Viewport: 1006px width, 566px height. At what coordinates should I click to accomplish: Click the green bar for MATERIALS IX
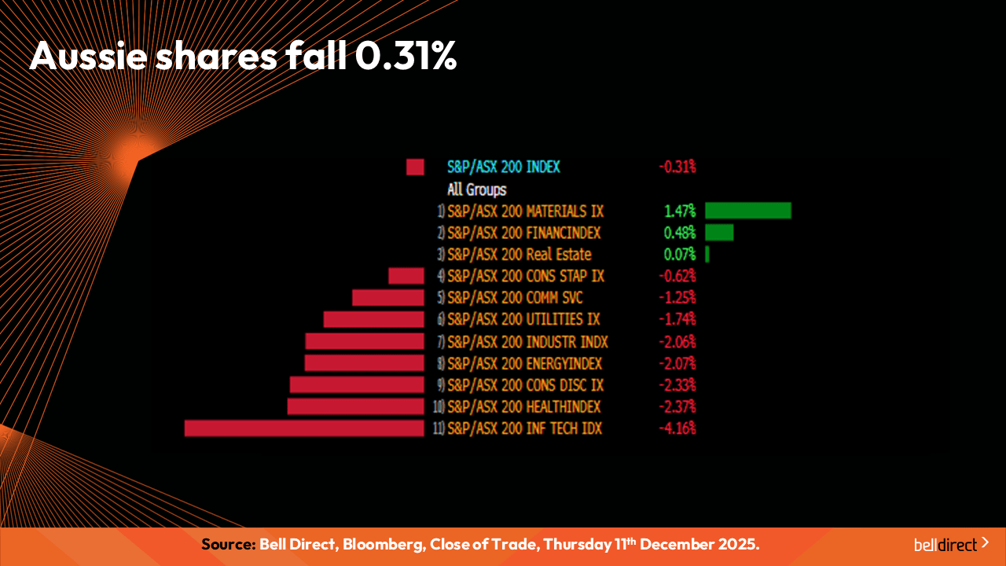(x=747, y=211)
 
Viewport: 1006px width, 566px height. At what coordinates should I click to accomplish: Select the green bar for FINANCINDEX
(x=719, y=233)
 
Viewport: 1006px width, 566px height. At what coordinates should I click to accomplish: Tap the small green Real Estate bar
(x=707, y=255)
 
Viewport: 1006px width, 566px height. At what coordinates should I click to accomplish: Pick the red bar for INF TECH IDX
(x=304, y=428)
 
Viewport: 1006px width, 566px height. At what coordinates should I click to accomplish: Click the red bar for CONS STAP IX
(x=406, y=276)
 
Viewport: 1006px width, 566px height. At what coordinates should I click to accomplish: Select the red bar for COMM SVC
(x=388, y=298)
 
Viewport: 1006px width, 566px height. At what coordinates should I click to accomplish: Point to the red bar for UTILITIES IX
(x=374, y=319)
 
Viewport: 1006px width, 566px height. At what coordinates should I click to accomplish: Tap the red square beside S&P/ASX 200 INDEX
(x=415, y=167)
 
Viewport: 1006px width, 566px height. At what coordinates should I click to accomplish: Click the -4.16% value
(x=677, y=428)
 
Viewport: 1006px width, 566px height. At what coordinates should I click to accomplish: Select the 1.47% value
(x=680, y=211)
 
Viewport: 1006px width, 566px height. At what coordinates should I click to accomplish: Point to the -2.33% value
(x=677, y=385)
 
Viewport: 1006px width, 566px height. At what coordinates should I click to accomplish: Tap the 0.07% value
(x=680, y=255)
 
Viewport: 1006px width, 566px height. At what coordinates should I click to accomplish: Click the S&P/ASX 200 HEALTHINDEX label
(x=524, y=406)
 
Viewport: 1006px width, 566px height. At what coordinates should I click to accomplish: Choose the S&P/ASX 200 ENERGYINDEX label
(x=524, y=363)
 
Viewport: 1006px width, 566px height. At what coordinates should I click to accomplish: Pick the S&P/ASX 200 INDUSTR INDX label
(x=527, y=342)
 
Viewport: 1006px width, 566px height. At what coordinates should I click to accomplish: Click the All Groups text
(x=477, y=189)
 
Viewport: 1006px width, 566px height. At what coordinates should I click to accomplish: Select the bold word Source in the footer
(x=228, y=545)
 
